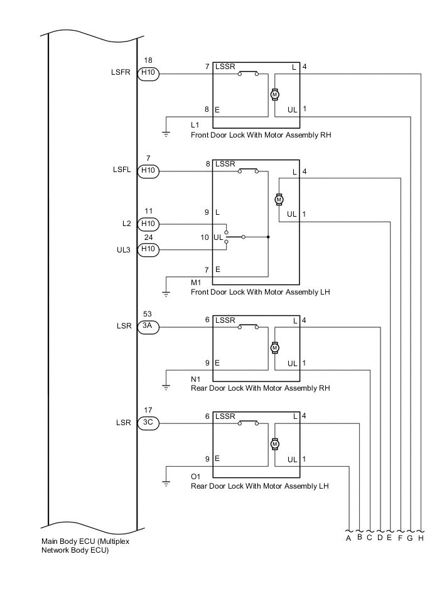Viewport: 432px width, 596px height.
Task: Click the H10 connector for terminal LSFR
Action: (149, 73)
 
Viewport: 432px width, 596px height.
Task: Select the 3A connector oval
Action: (149, 326)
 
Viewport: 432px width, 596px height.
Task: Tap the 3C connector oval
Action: (149, 423)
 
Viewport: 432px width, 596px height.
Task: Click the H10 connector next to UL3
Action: (149, 249)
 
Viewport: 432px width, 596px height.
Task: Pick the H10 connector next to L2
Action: (149, 224)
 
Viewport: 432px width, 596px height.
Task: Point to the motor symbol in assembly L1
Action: (274, 94)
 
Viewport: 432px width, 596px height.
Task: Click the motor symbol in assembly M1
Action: (279, 199)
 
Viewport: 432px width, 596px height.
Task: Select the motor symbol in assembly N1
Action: (274, 347)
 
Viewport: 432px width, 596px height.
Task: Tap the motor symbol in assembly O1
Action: (274, 444)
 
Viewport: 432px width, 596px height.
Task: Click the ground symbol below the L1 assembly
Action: (166, 133)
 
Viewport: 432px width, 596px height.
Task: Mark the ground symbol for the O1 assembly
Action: (166, 483)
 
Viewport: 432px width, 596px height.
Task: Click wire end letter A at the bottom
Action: (348, 538)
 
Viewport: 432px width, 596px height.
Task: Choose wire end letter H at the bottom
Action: (421, 538)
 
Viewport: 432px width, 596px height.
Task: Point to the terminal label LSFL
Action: (122, 170)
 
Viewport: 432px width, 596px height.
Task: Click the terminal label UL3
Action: (122, 249)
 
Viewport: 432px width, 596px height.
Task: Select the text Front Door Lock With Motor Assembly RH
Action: (260, 135)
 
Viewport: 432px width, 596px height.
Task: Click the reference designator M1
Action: (196, 283)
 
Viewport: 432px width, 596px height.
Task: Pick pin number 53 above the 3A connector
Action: (148, 313)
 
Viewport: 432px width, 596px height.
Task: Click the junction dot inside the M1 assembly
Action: (268, 237)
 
